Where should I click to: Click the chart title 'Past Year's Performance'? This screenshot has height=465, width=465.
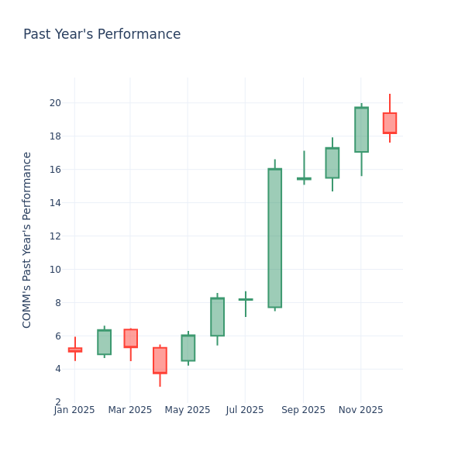click(102, 35)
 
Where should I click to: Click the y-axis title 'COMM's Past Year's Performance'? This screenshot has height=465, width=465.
click(27, 239)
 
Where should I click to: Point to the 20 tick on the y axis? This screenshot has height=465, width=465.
click(55, 103)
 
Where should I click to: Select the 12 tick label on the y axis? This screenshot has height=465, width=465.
click(55, 236)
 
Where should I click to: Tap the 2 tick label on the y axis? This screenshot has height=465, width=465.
click(58, 402)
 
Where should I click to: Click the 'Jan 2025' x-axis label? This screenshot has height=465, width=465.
click(74, 410)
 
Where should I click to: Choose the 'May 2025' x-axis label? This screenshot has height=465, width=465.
click(188, 410)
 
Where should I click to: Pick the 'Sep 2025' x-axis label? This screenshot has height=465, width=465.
click(304, 410)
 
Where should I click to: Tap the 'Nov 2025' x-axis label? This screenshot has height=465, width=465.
click(360, 410)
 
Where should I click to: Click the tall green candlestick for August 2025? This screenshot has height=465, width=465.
click(274, 238)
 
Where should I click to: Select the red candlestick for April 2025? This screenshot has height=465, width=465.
click(160, 360)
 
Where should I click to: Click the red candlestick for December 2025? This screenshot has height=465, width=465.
click(389, 123)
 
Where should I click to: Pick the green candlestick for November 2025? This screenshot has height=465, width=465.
click(361, 129)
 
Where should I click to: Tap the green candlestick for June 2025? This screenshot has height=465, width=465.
click(217, 317)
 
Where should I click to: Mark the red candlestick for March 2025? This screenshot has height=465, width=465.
click(130, 338)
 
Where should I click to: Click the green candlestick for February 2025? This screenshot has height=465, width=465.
click(104, 342)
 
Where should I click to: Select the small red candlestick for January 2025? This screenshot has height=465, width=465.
click(74, 350)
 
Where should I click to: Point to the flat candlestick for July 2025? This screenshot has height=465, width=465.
click(246, 299)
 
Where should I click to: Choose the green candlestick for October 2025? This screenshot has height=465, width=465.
click(332, 163)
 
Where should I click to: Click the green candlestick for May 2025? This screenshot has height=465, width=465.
click(188, 348)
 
